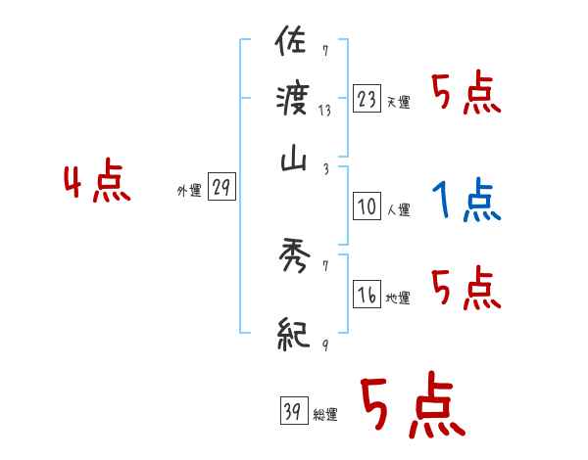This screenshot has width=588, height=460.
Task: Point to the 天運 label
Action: (398, 102)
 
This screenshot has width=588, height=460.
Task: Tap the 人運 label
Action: (398, 208)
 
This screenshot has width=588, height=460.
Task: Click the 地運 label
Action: (398, 298)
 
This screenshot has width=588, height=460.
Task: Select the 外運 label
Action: (189, 192)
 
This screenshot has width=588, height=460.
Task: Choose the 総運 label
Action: (325, 415)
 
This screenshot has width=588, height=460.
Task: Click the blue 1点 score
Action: (466, 201)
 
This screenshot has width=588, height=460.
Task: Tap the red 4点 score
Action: (97, 183)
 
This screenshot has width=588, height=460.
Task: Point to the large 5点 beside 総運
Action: (412, 406)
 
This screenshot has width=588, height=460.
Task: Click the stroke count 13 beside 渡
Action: (323, 111)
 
